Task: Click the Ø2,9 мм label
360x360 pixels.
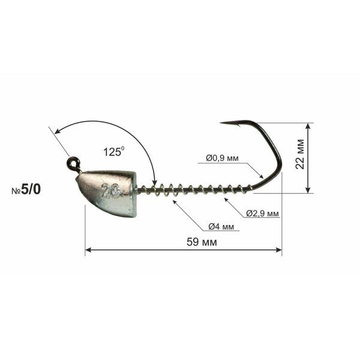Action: point(262,214)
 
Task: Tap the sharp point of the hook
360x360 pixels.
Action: point(221,124)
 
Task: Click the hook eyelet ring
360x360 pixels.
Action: point(73,162)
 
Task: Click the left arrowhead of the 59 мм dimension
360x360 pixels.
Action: point(88,250)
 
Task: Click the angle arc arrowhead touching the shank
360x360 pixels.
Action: point(154,184)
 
